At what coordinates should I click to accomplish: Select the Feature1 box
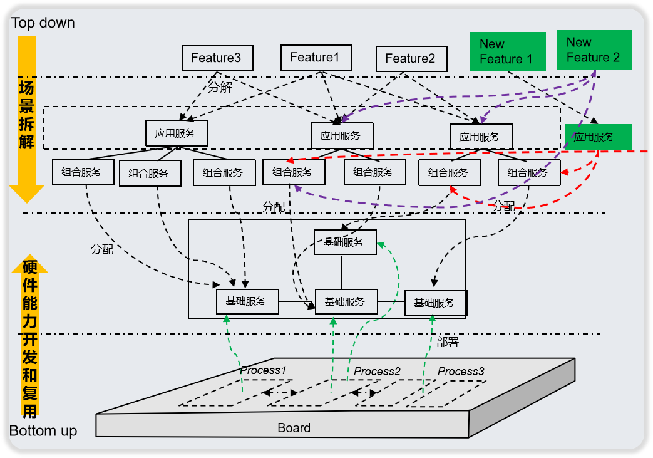click(x=316, y=58)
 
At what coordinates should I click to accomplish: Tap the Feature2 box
click(x=411, y=59)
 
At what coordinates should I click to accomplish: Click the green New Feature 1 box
click(x=507, y=51)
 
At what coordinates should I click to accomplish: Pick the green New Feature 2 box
click(x=594, y=49)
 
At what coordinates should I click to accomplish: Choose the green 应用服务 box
click(x=597, y=137)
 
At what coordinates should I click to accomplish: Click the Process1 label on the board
click(x=263, y=370)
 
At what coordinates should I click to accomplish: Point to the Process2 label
click(x=377, y=372)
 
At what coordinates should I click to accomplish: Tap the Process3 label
click(x=461, y=372)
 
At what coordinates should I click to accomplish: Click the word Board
click(x=294, y=428)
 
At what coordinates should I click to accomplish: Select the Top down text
click(x=43, y=23)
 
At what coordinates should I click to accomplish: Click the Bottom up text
click(x=43, y=431)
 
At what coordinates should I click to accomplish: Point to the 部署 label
click(x=448, y=342)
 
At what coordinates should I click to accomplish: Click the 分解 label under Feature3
click(x=220, y=87)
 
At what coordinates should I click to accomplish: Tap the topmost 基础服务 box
click(x=344, y=242)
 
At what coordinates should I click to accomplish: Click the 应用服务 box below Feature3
click(x=176, y=133)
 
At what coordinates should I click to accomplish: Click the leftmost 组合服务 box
click(x=83, y=172)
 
